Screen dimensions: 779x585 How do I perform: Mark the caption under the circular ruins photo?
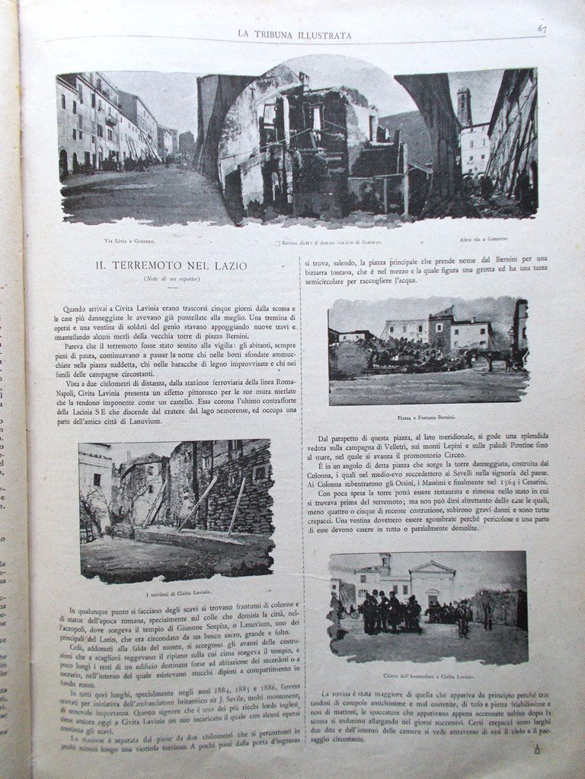tap(315, 242)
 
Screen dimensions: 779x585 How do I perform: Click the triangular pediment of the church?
tap(433, 569)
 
